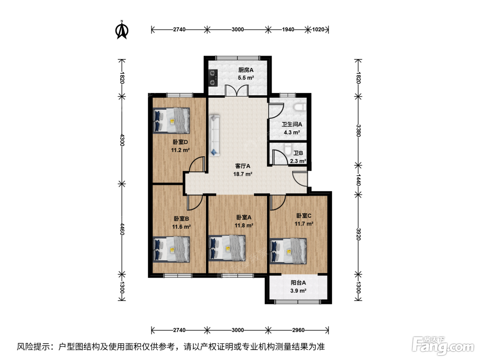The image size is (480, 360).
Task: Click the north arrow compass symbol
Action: pos(122,30)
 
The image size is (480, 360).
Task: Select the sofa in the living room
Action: pos(214,135)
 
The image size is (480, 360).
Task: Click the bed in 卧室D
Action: pos(171,120)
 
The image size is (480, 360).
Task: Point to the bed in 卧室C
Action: pos(288,251)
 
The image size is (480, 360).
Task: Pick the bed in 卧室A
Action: pos(227,248)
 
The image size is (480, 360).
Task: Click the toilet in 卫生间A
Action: pos(300,107)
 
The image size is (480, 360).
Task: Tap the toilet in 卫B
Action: pos(288,149)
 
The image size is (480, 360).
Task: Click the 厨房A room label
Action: pos(246,70)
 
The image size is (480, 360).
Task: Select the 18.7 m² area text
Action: pos(243,174)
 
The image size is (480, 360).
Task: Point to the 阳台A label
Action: pos(298,283)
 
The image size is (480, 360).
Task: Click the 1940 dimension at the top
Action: pos(288,29)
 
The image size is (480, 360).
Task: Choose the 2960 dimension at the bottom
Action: pos(298,330)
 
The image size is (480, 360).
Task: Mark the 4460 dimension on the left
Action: pos(122,229)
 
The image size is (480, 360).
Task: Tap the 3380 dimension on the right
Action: pos(358,131)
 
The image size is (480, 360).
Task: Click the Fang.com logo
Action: pos(443,346)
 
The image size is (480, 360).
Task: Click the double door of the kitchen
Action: pos(237,90)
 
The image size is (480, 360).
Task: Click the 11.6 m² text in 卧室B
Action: pos(181,227)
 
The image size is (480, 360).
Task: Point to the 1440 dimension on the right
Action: pos(358,180)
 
